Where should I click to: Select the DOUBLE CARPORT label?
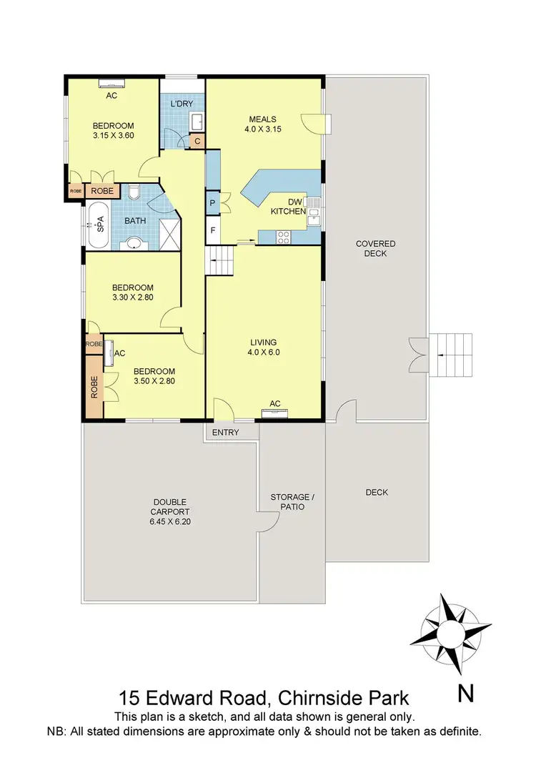click(171, 512)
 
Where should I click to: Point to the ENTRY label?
click(226, 433)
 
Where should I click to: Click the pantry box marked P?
click(213, 203)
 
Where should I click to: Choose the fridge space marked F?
click(213, 230)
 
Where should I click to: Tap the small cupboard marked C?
click(198, 141)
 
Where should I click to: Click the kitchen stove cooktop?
click(283, 235)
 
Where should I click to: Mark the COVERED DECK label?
click(375, 248)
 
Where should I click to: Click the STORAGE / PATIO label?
click(289, 501)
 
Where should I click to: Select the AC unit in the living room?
click(274, 413)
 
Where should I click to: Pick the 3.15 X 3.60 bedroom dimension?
click(114, 134)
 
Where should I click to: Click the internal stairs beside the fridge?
click(219, 261)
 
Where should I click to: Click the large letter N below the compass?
click(465, 692)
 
